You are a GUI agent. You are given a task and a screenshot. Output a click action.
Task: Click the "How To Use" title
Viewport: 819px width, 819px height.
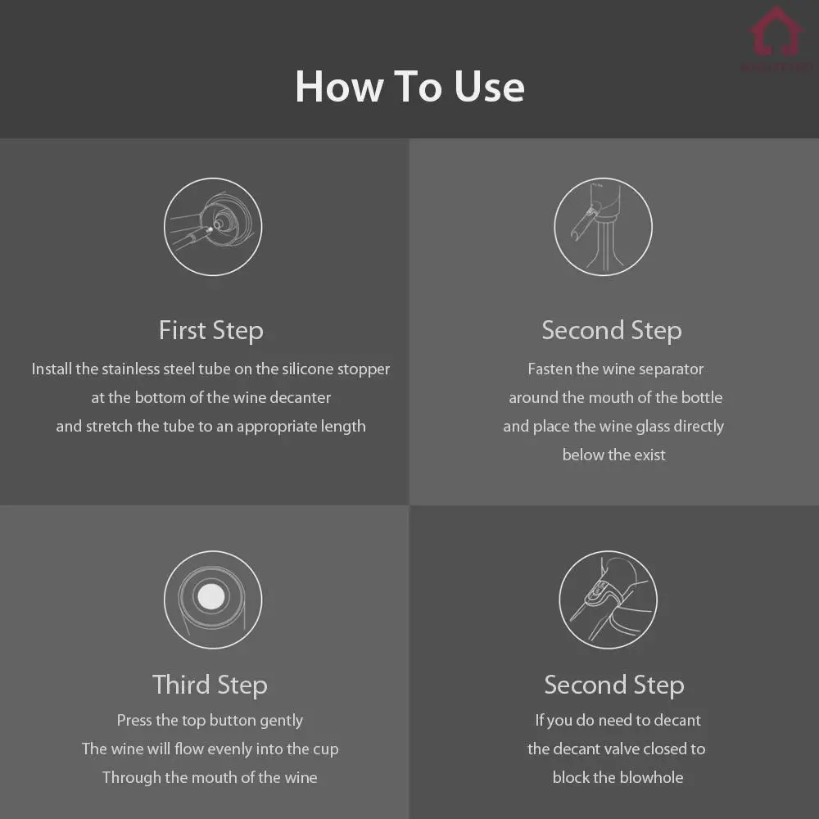(x=409, y=86)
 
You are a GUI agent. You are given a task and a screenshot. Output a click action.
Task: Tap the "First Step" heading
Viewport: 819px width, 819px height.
(x=211, y=331)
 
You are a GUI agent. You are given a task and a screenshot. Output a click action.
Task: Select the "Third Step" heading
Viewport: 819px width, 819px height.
(x=210, y=686)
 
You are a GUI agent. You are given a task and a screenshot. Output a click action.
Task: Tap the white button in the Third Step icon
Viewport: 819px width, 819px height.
(x=211, y=596)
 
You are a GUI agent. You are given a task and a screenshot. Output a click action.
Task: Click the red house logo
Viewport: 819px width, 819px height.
(x=776, y=31)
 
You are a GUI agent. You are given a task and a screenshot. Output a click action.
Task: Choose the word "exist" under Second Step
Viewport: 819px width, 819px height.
(x=649, y=455)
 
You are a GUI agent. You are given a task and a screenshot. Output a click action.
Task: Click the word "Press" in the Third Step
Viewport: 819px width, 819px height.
(x=134, y=720)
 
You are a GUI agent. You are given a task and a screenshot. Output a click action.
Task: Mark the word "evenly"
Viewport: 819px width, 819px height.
(x=227, y=749)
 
